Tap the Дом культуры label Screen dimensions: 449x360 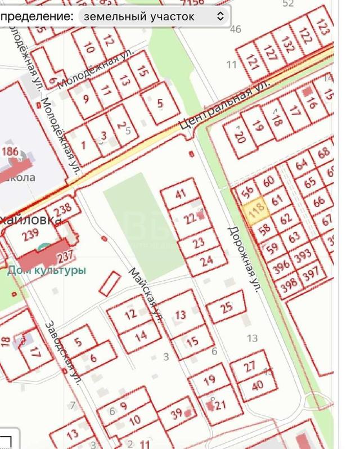[x=47, y=270]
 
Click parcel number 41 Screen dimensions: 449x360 [x=181, y=195]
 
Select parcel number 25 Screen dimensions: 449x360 [x=227, y=308]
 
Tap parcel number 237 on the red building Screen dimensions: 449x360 [x=65, y=255]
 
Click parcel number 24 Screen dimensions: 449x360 [x=206, y=261]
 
